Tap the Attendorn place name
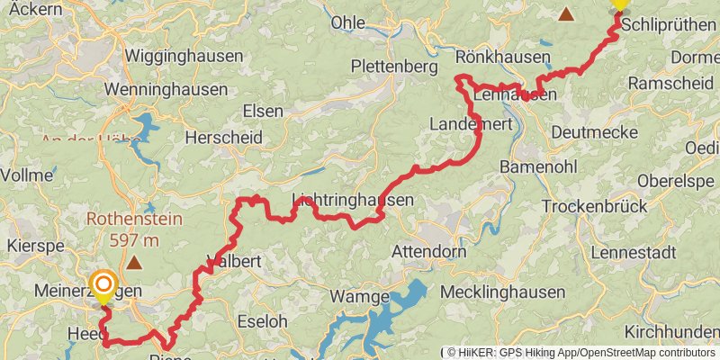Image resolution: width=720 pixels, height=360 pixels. (x=428, y=252)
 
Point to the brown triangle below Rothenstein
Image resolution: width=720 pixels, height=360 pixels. (x=134, y=263)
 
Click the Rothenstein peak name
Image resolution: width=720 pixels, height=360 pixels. (x=134, y=219)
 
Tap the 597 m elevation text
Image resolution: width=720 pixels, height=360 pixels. (x=134, y=240)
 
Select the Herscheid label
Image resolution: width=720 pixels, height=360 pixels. (x=223, y=138)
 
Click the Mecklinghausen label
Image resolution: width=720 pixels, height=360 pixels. (x=502, y=292)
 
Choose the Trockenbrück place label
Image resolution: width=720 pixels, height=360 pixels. (x=594, y=206)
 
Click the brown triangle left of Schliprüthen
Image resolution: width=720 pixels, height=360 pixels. (x=567, y=13)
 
